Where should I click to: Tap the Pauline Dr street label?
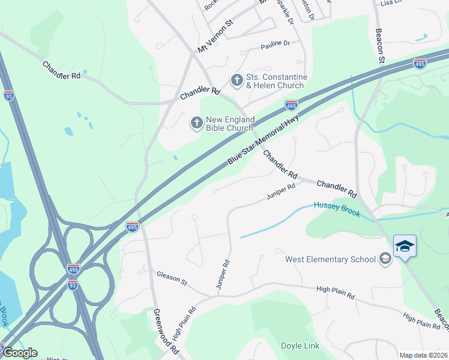[x=275, y=44]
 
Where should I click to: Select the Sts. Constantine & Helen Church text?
[x=277, y=82]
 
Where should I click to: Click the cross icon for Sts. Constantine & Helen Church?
[x=237, y=80]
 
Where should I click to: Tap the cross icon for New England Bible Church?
[x=196, y=123]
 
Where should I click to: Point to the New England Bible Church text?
[x=231, y=124]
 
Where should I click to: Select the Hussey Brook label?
[x=336, y=209]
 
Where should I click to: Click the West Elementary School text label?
[x=330, y=259]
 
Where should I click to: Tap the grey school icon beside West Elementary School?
[x=385, y=259]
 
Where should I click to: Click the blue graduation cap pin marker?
[x=405, y=247]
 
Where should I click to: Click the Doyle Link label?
[x=300, y=346]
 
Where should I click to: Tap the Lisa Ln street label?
[x=390, y=4]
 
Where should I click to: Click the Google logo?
[x=19, y=353]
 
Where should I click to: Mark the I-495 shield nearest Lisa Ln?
[x=420, y=64]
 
